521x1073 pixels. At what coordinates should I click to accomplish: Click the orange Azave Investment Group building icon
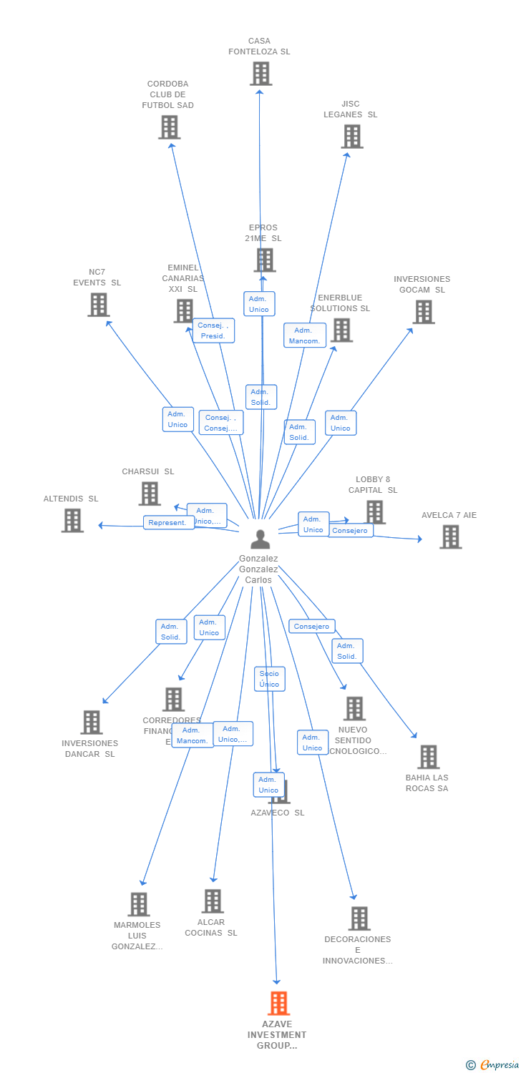[278, 1003]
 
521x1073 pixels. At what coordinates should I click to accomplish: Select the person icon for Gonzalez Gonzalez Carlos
[260, 539]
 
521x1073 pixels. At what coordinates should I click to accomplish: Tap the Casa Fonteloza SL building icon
[260, 74]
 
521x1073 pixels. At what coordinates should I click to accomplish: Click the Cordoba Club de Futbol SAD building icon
[169, 127]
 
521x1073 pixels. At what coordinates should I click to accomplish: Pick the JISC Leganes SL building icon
[351, 137]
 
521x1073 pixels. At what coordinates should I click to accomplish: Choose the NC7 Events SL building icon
[98, 305]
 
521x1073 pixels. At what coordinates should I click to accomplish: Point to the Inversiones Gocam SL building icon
[423, 312]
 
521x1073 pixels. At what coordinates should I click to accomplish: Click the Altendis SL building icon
[72, 520]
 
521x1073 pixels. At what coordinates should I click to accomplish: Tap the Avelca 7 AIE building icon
[450, 536]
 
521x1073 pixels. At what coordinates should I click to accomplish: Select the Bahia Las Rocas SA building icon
[428, 757]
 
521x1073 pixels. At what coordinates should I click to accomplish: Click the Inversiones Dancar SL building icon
[91, 722]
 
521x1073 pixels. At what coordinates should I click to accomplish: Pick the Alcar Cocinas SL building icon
[212, 901]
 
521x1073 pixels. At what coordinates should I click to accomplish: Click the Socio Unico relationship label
[269, 679]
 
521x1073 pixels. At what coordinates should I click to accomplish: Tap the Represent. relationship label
[169, 522]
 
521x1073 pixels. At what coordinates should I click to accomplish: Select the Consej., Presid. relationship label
[213, 330]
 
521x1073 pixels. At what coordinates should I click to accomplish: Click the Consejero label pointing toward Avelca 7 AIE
[351, 531]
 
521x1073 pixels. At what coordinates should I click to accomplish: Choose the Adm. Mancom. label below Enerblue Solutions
[304, 335]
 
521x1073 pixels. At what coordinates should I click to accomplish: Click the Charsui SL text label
[148, 472]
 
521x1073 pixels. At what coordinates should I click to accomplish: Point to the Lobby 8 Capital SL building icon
[375, 511]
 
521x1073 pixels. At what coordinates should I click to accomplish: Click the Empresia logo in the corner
[493, 1065]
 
